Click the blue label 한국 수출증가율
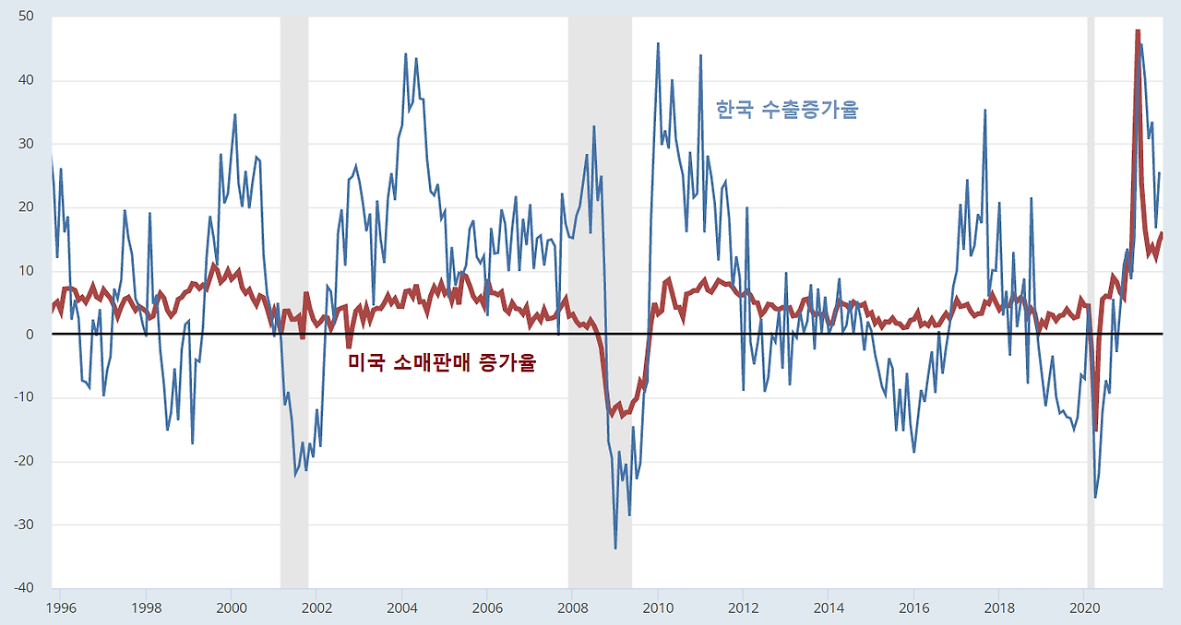787,110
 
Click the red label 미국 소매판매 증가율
442,362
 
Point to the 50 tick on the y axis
26,16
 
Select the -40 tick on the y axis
24,587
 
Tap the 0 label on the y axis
30,334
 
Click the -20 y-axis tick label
24,461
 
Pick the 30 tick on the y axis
26,143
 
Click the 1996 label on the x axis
61,608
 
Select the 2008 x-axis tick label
573,608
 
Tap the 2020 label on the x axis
1084,608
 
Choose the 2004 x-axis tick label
402,608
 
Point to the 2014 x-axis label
829,608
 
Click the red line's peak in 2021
1139,31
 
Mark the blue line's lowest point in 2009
615,548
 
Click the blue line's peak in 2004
405,53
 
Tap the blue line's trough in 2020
1095,498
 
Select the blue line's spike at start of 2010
658,43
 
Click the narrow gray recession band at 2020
1091,302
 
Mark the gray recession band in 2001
294,302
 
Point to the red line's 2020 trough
1097,430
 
